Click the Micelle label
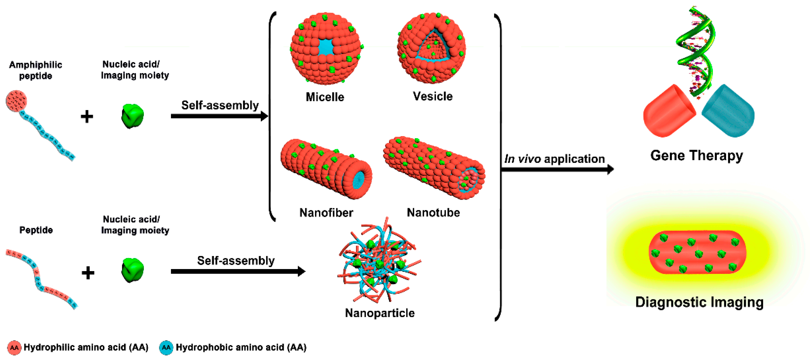[325, 97]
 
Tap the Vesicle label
[433, 96]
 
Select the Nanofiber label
[326, 213]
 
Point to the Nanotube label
[433, 213]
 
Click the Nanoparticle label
[380, 313]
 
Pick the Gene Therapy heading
[697, 156]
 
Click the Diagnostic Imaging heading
[699, 302]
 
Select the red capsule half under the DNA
[668, 112]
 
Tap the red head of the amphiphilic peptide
[16, 101]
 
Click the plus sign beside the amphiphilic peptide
[87, 117]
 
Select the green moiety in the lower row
[132, 270]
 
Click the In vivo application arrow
[556, 169]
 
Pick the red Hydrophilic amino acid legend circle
[14, 347]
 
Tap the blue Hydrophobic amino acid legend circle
[166, 347]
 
